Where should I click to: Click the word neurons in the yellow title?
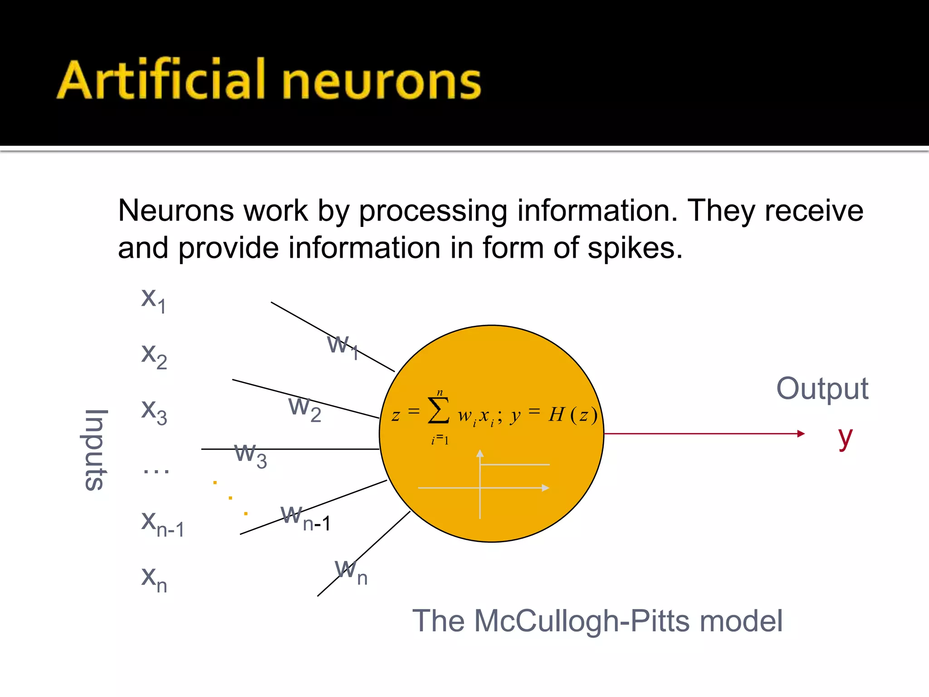[381, 82]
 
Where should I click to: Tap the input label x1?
[153, 300]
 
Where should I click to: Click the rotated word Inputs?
[96, 450]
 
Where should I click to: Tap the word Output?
[822, 389]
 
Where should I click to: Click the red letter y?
[845, 437]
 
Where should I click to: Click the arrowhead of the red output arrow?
[801, 434]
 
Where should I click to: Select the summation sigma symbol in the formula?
[438, 410]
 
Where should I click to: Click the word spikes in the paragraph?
[635, 248]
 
